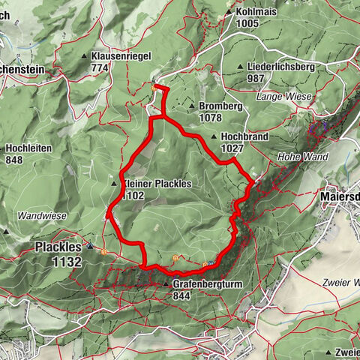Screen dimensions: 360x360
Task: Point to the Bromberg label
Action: pos(220,106)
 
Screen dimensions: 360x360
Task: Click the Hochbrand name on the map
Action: pos(243,137)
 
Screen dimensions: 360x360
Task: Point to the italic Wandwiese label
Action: pos(42,216)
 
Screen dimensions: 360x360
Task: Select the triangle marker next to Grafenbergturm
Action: pos(166,284)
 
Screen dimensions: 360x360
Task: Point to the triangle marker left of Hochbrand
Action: pos(214,137)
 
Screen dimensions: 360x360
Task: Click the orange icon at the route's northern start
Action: pos(154,87)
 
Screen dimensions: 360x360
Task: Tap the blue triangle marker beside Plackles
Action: pos(90,245)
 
